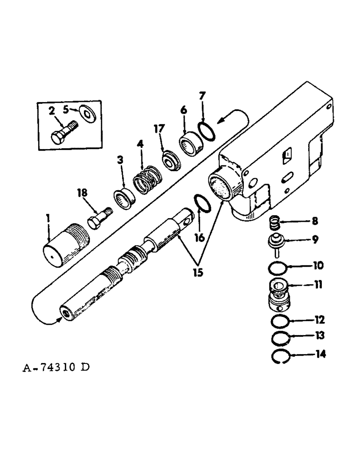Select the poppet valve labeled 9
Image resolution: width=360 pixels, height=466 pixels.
[x=279, y=243]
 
